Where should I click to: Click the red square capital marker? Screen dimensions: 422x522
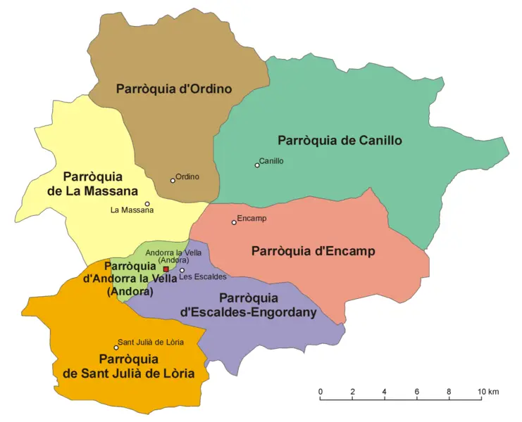point(166,269)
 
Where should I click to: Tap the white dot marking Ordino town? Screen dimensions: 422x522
point(173,181)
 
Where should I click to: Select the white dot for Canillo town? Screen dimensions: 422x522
point(257,165)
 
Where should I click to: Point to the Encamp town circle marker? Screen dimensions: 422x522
point(234,223)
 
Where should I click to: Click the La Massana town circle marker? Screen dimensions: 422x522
point(147,204)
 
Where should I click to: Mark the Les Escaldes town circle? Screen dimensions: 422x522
point(182,270)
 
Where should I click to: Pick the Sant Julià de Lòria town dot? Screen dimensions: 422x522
point(116,347)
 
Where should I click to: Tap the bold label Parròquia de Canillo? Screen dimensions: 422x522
point(340,140)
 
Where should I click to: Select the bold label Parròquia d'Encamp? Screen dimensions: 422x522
point(313,251)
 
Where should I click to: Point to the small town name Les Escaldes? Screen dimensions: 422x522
point(203,276)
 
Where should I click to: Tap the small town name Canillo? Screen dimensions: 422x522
point(271,161)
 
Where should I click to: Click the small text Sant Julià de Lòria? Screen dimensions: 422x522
point(151,342)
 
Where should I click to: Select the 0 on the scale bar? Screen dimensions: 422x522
point(321,391)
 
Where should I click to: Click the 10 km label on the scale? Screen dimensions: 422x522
point(487,391)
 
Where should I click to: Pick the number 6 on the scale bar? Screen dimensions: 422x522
point(417,391)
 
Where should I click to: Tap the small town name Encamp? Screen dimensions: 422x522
point(251,219)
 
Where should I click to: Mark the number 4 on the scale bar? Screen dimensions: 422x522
point(385,391)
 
